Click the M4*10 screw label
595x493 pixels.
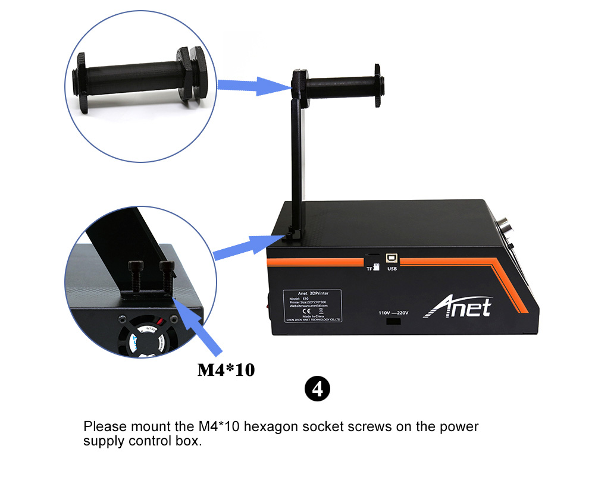point(226,370)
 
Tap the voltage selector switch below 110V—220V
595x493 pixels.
point(393,322)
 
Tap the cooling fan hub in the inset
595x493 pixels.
point(146,340)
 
